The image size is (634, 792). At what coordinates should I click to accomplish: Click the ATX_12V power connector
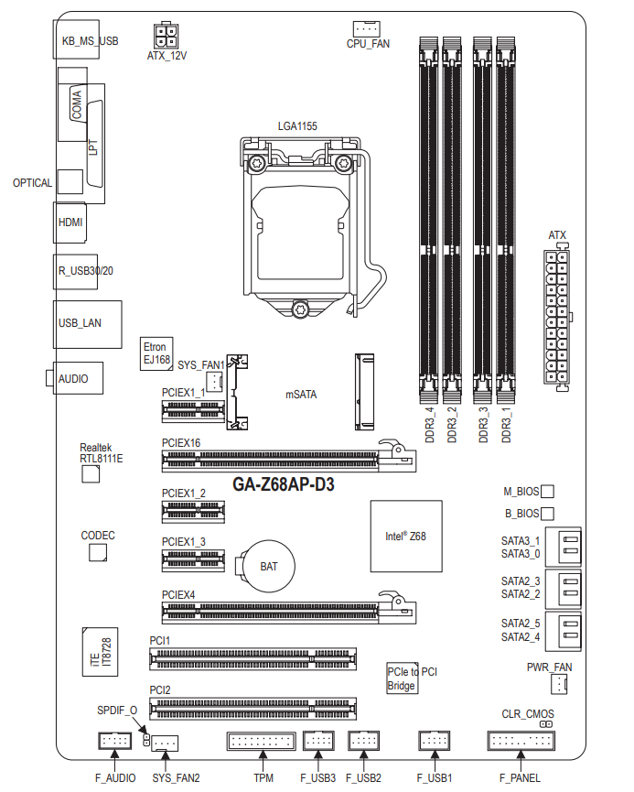coord(166,36)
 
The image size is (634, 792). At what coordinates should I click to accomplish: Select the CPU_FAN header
coord(367,28)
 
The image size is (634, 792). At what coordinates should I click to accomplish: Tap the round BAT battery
coord(269,566)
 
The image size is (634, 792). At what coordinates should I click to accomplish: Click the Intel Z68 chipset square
coord(406,537)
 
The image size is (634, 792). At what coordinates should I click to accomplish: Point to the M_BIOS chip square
coord(547,492)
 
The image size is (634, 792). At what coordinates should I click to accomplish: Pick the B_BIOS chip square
coord(547,514)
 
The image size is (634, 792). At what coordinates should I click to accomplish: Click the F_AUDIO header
coord(114,741)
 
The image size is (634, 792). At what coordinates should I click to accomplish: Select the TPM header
coord(261,741)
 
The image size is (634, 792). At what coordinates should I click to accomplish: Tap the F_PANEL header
coord(521,741)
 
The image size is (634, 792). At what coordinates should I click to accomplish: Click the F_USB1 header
coord(435,741)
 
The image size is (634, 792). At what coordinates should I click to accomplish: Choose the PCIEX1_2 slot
coord(193,512)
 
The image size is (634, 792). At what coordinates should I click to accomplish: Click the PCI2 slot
coord(253,709)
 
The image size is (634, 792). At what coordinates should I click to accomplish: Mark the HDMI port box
coord(70,222)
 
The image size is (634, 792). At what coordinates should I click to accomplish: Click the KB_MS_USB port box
coord(76,39)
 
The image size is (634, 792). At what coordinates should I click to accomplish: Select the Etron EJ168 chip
coord(156,354)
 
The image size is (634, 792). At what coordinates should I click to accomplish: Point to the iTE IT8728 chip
coord(100,652)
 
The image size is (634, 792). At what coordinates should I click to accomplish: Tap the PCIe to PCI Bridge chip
coord(403,678)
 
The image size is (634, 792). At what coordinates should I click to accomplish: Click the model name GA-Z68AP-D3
coord(284,484)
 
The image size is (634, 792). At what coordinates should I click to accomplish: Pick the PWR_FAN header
coord(559,685)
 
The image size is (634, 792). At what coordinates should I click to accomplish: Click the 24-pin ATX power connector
coord(556,317)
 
